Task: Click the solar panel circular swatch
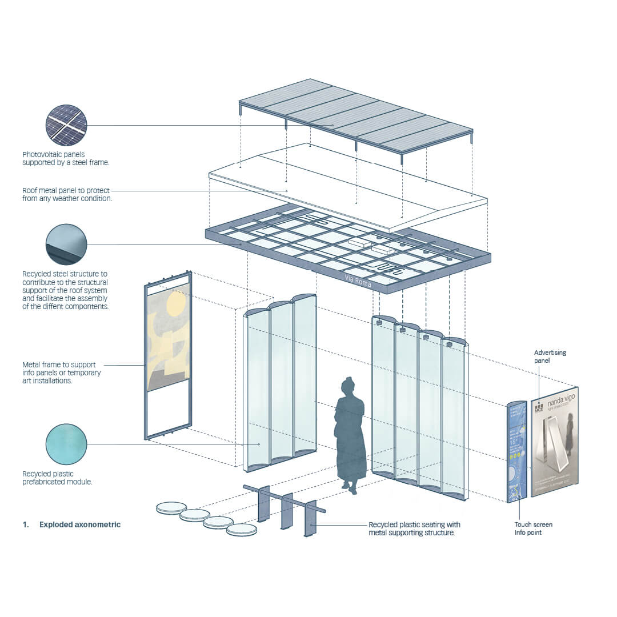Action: (66, 125)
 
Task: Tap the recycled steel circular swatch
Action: (66, 245)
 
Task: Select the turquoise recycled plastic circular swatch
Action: (66, 444)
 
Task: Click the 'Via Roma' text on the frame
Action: (358, 281)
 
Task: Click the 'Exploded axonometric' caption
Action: (80, 524)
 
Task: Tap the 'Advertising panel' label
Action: (550, 356)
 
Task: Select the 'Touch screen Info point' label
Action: (533, 528)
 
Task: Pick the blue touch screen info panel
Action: (516, 451)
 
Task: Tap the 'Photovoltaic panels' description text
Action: (65, 158)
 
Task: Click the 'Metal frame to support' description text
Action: (62, 372)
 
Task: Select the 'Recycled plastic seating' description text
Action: (414, 528)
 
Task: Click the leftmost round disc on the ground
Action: (171, 507)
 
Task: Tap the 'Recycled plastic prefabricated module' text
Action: (57, 478)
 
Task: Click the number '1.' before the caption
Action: (26, 524)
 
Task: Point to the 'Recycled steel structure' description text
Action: (65, 290)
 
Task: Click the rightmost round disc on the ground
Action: (241, 530)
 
